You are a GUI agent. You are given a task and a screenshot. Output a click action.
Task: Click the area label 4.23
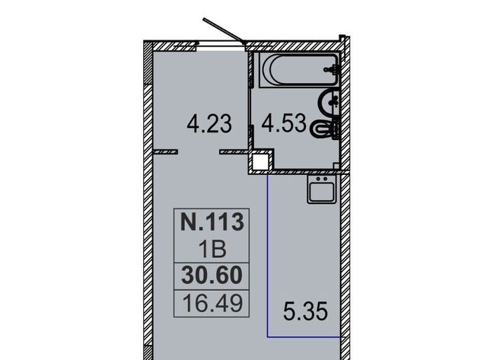point(209,123)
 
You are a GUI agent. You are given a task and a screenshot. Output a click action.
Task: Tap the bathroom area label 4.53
point(284,123)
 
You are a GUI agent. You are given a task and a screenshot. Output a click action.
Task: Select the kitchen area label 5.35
point(305,311)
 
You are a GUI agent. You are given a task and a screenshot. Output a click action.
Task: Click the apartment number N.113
point(212,221)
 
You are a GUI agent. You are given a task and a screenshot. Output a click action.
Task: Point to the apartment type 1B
point(212,249)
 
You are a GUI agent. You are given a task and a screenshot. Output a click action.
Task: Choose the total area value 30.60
point(212,276)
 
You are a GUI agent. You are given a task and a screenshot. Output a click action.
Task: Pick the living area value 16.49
point(212,303)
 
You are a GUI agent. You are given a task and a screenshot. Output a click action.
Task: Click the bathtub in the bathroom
point(299,70)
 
